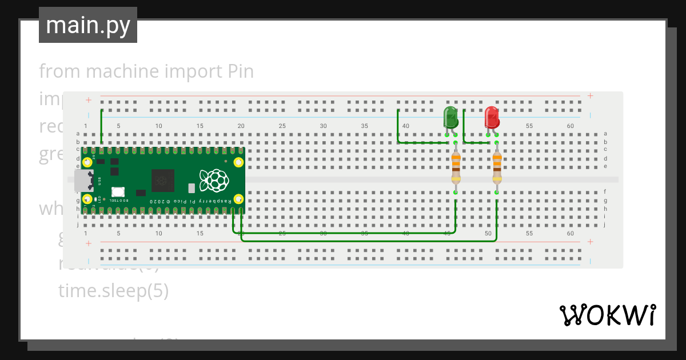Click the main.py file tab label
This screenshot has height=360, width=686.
[x=88, y=25]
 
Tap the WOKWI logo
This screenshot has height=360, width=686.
[x=607, y=315]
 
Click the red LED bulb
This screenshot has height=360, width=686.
[x=492, y=117]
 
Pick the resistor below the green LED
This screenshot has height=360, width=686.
[x=456, y=167]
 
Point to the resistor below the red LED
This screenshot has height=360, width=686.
[x=497, y=167]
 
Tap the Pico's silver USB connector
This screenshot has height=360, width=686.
[x=83, y=181]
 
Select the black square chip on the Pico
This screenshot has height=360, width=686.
[x=163, y=181]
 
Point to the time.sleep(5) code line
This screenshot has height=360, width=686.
[x=113, y=291]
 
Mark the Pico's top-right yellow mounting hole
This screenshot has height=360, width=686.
[x=238, y=163]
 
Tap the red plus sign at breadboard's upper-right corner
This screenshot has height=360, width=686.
[x=590, y=96]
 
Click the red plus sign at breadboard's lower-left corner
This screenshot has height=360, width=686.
[x=89, y=243]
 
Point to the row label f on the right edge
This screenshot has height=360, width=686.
[x=605, y=192]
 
